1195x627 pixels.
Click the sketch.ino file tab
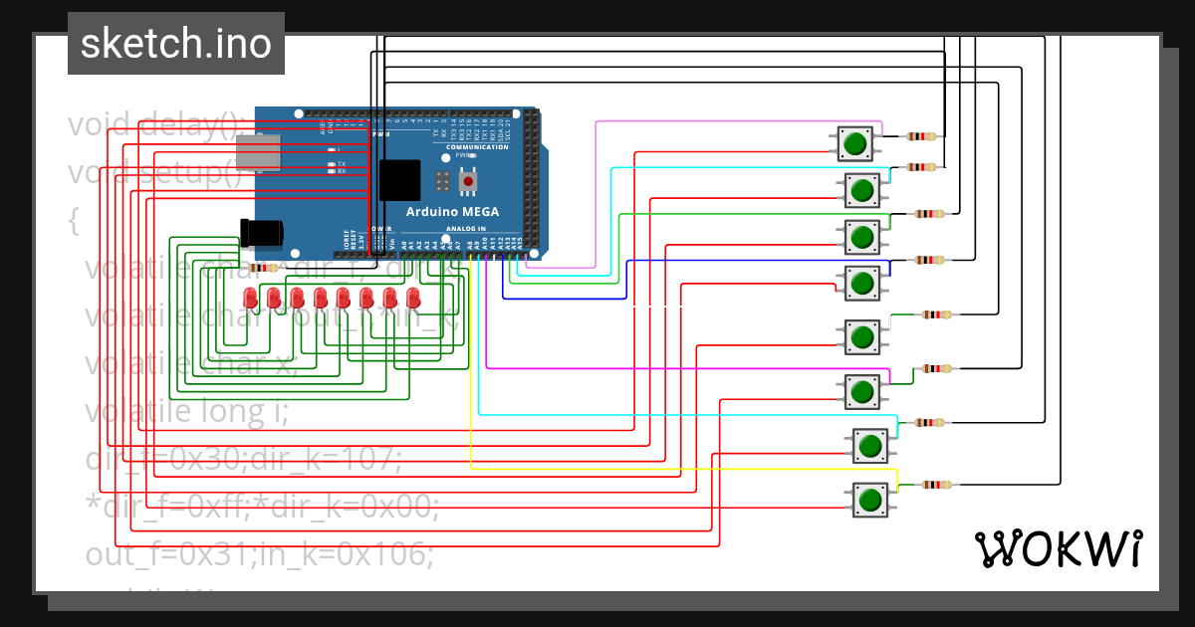click(x=175, y=44)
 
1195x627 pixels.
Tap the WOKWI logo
click(x=1057, y=548)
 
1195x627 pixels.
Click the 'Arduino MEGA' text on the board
click(x=452, y=212)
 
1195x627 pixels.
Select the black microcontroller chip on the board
click(x=399, y=181)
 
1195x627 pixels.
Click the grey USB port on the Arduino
click(x=257, y=151)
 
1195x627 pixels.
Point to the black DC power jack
click(x=262, y=233)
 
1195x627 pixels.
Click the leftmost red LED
click(x=250, y=298)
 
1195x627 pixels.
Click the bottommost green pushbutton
click(x=869, y=499)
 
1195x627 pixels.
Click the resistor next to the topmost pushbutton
click(x=923, y=136)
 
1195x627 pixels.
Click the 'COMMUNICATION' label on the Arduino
click(x=477, y=146)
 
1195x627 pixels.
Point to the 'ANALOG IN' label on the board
click(x=466, y=229)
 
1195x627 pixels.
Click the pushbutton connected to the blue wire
click(x=861, y=284)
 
